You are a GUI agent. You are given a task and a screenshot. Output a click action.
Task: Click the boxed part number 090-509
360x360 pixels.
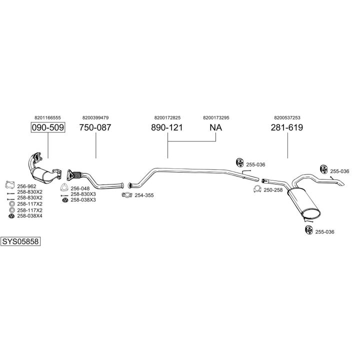(x=48, y=127)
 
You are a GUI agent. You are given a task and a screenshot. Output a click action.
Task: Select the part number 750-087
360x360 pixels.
(x=95, y=127)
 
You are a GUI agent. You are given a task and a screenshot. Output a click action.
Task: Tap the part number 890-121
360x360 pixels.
(x=167, y=127)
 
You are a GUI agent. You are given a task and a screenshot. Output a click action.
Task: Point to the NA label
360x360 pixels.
(x=215, y=127)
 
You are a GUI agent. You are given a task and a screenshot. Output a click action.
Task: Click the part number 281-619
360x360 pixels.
(x=287, y=127)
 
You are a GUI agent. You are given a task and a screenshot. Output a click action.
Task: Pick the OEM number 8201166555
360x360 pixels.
(x=48, y=117)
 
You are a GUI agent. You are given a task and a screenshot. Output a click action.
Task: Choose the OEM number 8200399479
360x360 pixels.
(x=95, y=117)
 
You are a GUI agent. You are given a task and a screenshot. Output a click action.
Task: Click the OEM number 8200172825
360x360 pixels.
(x=167, y=117)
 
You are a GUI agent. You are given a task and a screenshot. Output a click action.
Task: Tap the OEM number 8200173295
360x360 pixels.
(x=216, y=117)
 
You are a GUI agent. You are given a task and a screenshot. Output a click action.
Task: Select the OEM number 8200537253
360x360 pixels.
(x=287, y=117)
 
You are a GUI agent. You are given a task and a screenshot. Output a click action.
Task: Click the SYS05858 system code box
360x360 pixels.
(x=20, y=241)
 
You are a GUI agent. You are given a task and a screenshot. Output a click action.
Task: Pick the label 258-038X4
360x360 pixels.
(x=29, y=216)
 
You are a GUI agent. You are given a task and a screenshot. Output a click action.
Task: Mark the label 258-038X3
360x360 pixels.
(x=83, y=200)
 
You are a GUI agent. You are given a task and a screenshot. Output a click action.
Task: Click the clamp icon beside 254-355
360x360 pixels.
(x=127, y=194)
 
